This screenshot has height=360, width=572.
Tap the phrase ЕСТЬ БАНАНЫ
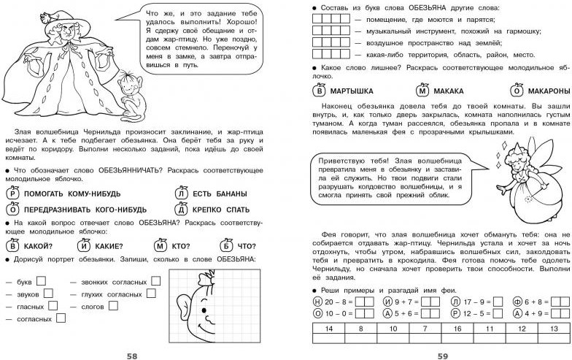coord(218,194)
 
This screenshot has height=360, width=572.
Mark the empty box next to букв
coord(42,280)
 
